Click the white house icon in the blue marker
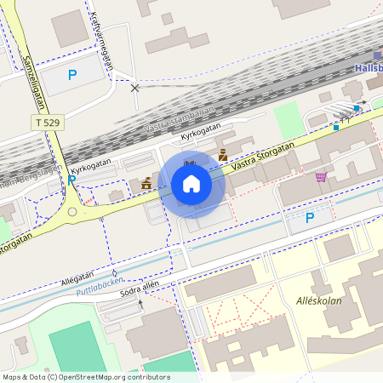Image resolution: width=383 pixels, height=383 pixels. point(191,183)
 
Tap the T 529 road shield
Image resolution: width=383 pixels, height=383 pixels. point(47,123)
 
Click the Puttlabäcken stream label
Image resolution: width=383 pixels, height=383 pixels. point(100,286)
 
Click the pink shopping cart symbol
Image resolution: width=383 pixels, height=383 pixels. point(321,177)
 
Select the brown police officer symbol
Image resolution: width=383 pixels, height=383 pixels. point(223,155)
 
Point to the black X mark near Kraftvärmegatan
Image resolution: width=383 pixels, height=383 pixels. point(134,87)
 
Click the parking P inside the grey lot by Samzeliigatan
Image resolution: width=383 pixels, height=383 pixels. point(72,75)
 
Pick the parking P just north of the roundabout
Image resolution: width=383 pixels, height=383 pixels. point(72,180)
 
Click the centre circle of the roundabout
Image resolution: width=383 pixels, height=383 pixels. point(72,211)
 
